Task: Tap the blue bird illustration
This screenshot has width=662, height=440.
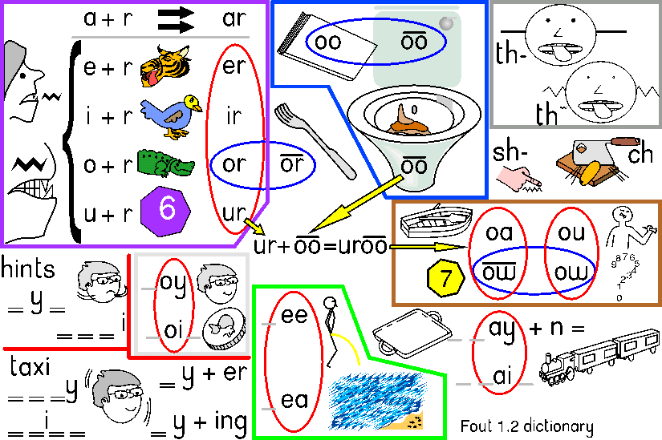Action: point(169,115)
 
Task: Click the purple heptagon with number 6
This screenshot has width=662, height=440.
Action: point(166,210)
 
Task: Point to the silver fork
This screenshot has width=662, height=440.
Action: point(313,139)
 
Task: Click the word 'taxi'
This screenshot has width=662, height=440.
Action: point(30,366)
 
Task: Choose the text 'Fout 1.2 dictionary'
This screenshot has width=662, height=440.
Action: point(526,426)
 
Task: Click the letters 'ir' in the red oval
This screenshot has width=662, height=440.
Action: point(233,115)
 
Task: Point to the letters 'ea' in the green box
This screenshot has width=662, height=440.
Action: point(294,399)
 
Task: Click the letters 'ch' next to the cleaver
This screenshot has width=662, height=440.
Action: point(641,155)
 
